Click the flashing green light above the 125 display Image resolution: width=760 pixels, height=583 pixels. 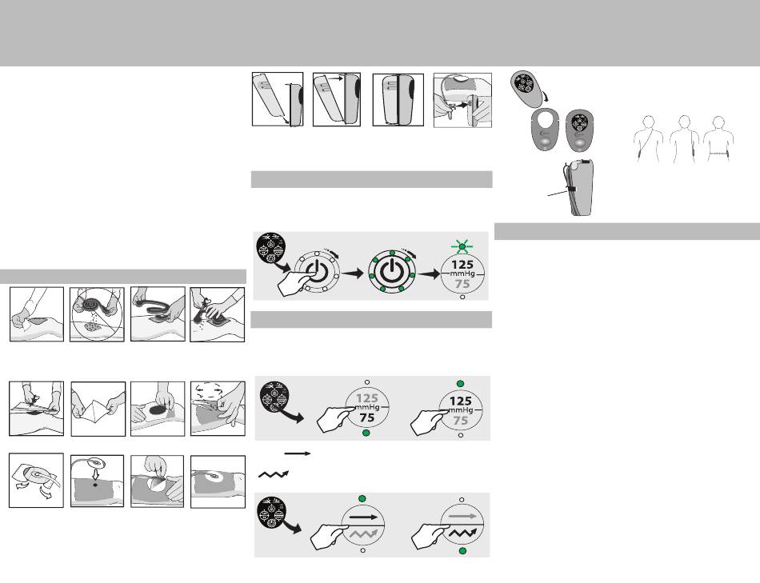coord(462,246)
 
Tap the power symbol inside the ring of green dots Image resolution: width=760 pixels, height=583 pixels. coord(391,273)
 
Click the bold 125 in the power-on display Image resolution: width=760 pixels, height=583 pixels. coord(462,265)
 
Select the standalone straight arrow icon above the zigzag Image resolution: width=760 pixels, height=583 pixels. coord(298,453)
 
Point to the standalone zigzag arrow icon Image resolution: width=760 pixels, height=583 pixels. coord(274,474)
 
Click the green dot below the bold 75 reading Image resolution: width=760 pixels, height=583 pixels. coord(367,433)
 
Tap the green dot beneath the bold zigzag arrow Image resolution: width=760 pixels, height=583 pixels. coord(462,550)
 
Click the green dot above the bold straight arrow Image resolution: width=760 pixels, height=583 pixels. coord(362,499)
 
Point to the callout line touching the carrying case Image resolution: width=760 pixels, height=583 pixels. coord(558,193)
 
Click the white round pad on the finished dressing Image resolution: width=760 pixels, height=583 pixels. coord(213,477)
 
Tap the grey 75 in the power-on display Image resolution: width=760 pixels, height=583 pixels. coord(463,285)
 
